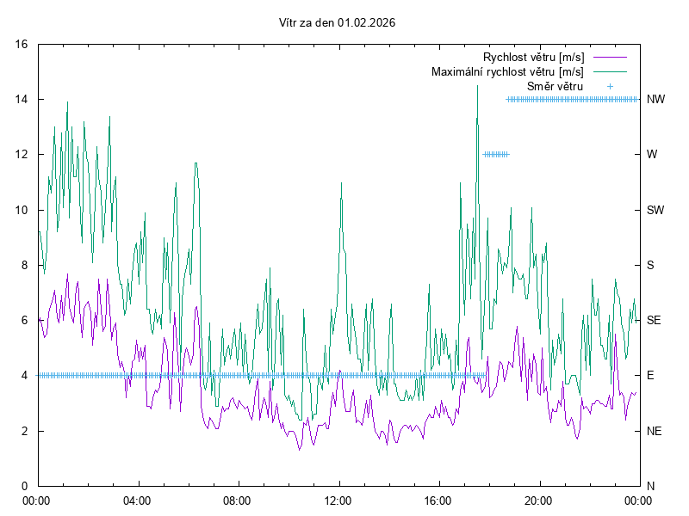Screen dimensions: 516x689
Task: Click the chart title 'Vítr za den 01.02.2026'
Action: (338, 23)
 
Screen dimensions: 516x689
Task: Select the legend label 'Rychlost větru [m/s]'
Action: (534, 57)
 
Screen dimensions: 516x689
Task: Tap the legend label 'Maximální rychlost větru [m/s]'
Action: (507, 71)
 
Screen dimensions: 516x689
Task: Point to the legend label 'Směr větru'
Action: (555, 86)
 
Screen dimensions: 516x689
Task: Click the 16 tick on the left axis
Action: (22, 44)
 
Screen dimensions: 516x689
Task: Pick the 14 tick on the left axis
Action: (22, 99)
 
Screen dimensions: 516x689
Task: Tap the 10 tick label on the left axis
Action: (22, 210)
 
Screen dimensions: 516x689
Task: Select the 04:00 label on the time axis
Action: (137, 500)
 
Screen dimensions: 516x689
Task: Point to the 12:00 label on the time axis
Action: (338, 500)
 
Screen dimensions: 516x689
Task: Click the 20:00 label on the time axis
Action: (539, 500)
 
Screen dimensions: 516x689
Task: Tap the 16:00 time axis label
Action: (438, 500)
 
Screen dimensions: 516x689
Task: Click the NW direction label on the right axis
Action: (655, 99)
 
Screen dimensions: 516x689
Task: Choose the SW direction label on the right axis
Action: (655, 210)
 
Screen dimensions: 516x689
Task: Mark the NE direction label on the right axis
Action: (655, 431)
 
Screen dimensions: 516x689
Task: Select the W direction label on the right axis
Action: (652, 155)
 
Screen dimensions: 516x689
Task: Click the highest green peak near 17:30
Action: (477, 86)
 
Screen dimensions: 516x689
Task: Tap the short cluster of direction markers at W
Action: (496, 155)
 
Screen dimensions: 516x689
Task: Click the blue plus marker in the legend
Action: (609, 86)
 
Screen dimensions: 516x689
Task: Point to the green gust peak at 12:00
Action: (342, 183)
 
